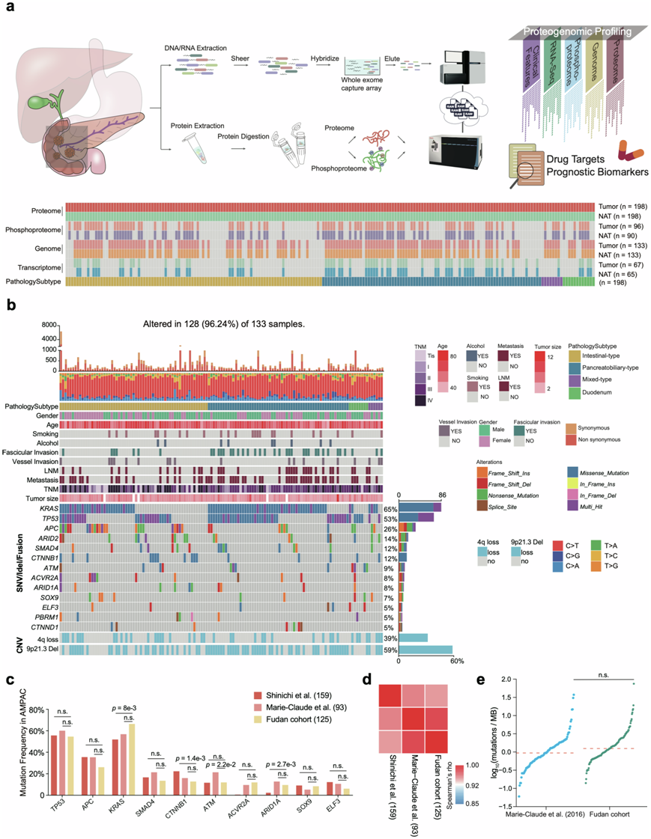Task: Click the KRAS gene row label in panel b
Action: tap(49, 508)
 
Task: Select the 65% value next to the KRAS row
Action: tap(390, 508)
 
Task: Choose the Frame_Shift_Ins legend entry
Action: tap(510, 473)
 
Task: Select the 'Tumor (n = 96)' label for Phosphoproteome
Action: tap(620, 222)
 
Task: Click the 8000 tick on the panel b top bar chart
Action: tap(48, 325)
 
